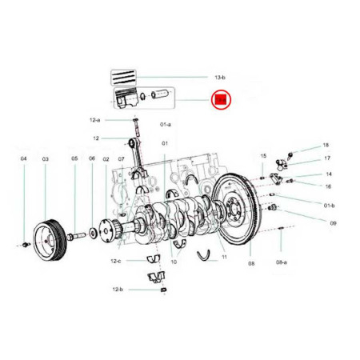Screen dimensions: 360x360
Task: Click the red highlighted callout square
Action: point(221,100)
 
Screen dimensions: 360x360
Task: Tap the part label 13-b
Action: point(220,78)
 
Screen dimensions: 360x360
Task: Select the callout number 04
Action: point(24,158)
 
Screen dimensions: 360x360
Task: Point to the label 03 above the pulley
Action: point(46,159)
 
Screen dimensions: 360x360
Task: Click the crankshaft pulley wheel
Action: point(50,240)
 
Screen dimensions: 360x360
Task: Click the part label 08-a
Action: point(282,262)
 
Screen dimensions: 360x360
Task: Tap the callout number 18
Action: point(326,146)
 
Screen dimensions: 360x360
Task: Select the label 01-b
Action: point(329,206)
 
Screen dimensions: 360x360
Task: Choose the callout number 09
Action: point(333,223)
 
